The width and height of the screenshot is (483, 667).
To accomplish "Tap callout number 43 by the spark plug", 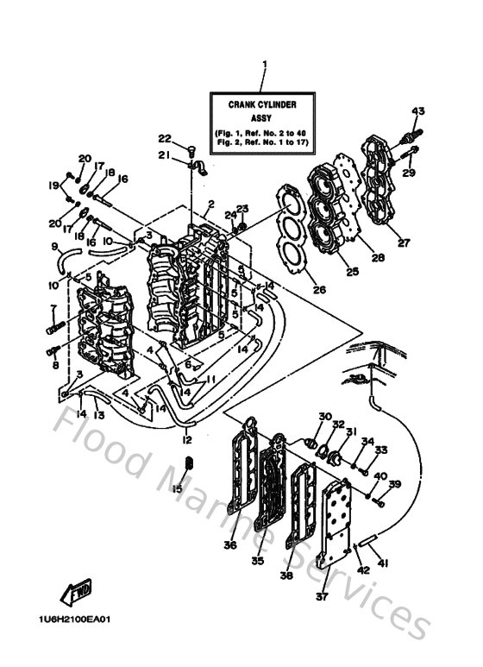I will (x=418, y=111).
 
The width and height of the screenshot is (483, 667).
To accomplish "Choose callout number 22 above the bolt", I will (x=164, y=139).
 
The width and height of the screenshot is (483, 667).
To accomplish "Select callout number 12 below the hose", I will (x=185, y=440).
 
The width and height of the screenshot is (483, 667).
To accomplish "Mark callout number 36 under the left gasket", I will (x=231, y=544).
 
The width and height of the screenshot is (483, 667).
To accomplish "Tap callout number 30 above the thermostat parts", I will (x=323, y=417).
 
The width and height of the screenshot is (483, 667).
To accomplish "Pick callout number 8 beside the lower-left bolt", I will (x=55, y=365).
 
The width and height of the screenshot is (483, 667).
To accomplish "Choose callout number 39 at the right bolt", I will (x=395, y=484).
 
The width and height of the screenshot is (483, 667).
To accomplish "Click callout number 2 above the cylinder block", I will (x=210, y=204).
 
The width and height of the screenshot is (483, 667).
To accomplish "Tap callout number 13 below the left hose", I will (x=99, y=415).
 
